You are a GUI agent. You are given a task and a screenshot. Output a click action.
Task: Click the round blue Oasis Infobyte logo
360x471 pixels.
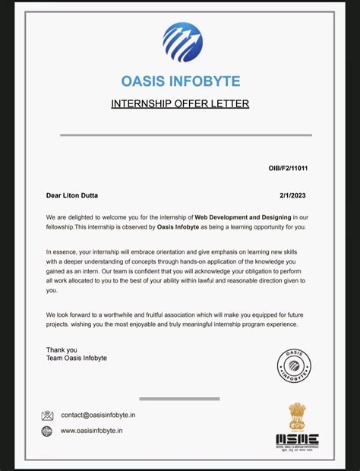pyautogui.click(x=182, y=43)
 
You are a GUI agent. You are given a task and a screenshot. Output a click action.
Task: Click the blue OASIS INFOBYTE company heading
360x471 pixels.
pyautogui.click(x=180, y=81)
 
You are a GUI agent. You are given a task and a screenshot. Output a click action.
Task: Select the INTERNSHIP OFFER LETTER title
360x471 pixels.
pyautogui.click(x=180, y=103)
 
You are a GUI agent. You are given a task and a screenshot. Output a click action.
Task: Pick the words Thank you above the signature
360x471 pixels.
pyautogui.click(x=62, y=349)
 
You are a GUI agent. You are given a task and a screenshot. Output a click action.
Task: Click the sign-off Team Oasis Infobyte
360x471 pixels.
pyautogui.click(x=76, y=358)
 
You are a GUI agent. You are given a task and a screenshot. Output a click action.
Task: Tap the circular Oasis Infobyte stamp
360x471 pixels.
pyautogui.click(x=294, y=365)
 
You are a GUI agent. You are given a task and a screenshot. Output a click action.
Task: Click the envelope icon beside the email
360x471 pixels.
pyautogui.click(x=47, y=416)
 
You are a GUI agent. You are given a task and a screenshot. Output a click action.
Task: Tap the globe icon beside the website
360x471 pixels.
pyautogui.click(x=47, y=431)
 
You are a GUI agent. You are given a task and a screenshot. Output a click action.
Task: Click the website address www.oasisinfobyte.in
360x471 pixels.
pyautogui.click(x=91, y=431)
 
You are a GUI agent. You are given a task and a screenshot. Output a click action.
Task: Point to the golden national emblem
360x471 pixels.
pyautogui.click(x=297, y=416)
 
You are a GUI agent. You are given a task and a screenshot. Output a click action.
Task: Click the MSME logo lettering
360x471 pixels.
pyautogui.click(x=297, y=440)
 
